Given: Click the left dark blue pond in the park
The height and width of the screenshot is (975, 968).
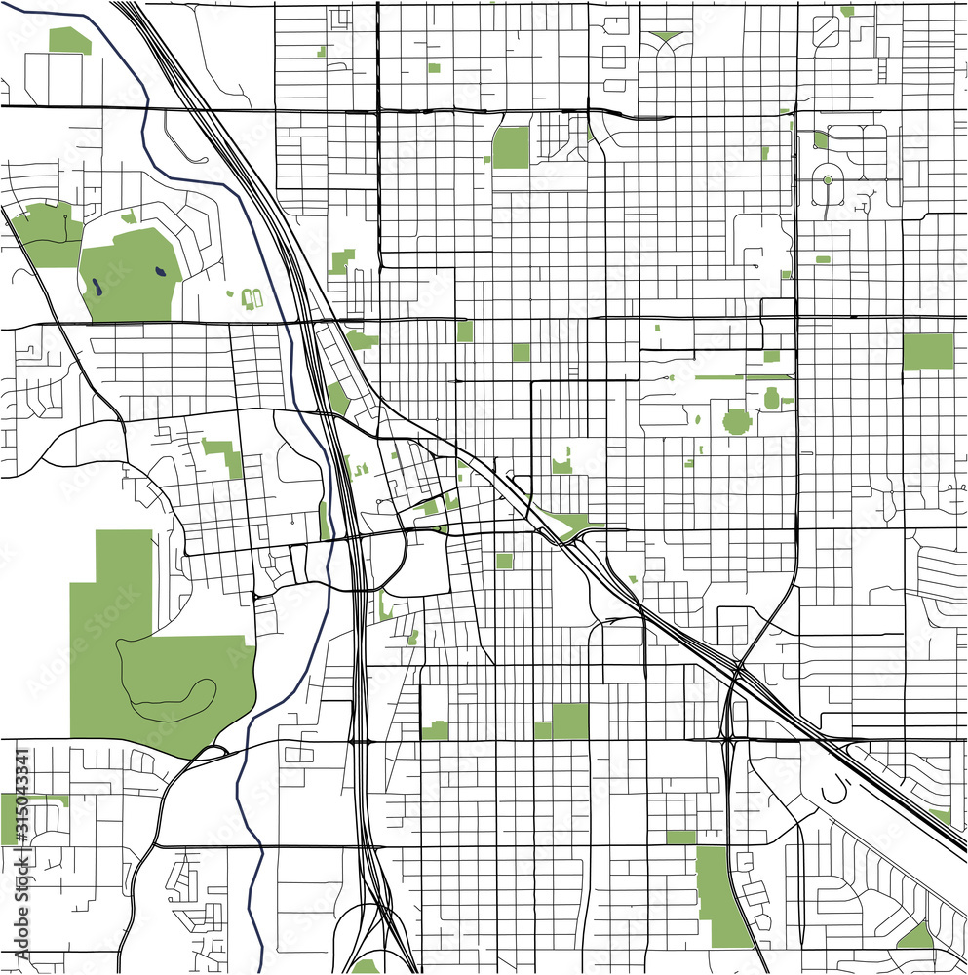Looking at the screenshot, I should pyautogui.click(x=98, y=287).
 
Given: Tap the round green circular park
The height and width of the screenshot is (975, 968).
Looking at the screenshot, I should pyautogui.click(x=737, y=421).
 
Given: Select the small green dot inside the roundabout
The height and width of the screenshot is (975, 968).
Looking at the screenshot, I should pyautogui.click(x=828, y=180).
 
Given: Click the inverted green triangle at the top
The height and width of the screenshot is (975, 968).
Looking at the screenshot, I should pyautogui.click(x=667, y=37).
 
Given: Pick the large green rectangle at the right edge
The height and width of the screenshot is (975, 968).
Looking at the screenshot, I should pyautogui.click(x=927, y=351).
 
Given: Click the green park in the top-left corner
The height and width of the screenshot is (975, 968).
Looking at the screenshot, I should pyautogui.click(x=68, y=40).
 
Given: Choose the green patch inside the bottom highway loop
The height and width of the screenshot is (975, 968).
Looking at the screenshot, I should pyautogui.click(x=365, y=966).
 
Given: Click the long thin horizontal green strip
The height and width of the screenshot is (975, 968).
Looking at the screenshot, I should pyautogui.click(x=731, y=376).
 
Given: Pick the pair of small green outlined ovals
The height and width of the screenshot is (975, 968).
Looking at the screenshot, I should pyautogui.click(x=252, y=296).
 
